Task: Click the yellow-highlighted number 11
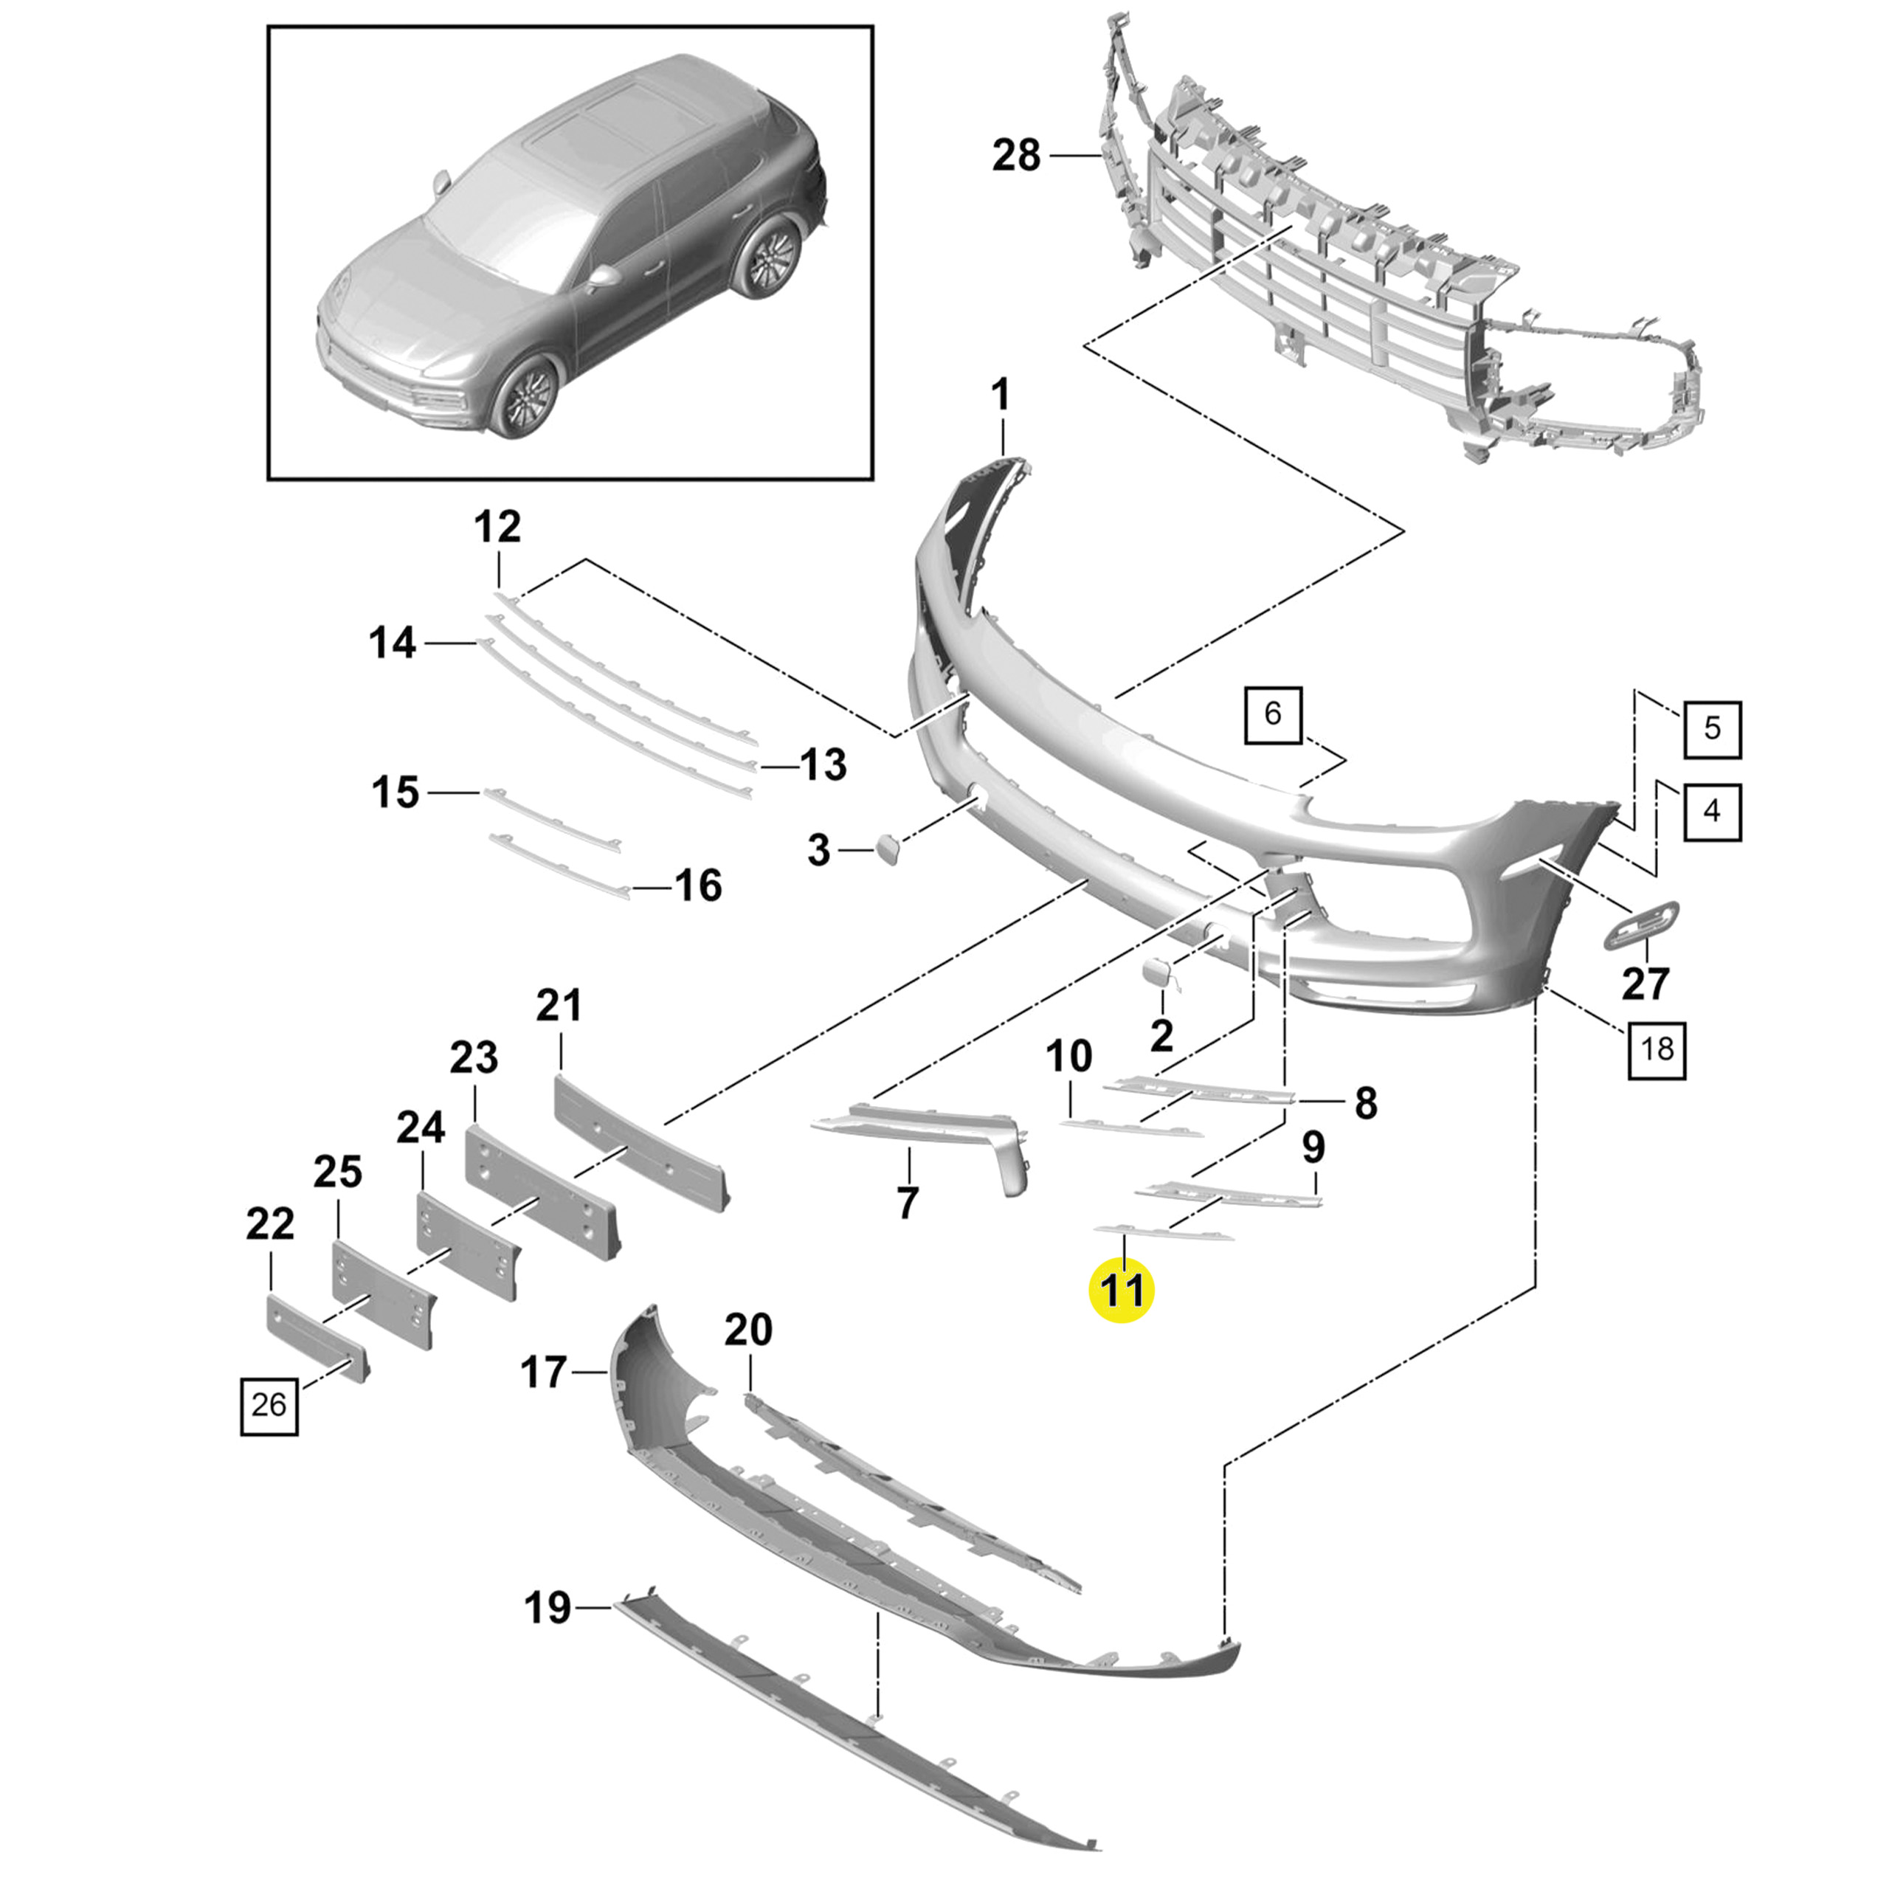(1122, 1291)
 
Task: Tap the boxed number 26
(269, 1405)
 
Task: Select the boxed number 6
(1272, 714)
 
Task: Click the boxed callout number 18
(1657, 1049)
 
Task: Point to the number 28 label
(1017, 156)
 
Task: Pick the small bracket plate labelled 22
(316, 1336)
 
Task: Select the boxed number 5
(1711, 728)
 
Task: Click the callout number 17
(544, 1372)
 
